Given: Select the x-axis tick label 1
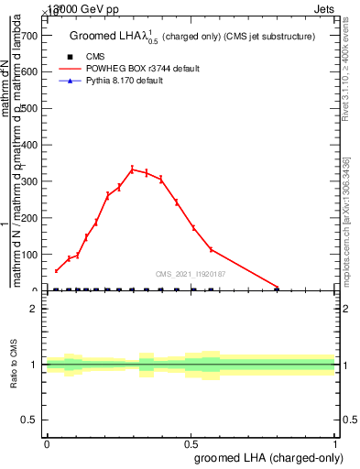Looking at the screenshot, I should [x=335, y=444].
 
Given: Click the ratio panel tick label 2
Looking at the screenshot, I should [x=33, y=309].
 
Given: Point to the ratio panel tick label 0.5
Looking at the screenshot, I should [x=28, y=420].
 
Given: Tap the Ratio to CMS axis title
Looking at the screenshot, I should [x=15, y=365].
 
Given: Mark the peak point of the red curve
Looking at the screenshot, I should [x=132, y=169].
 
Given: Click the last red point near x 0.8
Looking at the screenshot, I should [x=278, y=287].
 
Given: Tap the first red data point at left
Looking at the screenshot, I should [x=56, y=270].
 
